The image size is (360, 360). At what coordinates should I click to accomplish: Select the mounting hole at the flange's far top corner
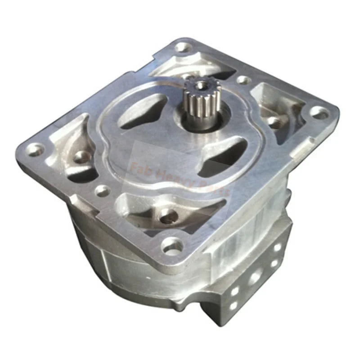point(182,47)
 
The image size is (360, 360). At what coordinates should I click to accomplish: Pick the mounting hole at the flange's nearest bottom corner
point(171,246)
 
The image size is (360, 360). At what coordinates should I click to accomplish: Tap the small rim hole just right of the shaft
point(243,80)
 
